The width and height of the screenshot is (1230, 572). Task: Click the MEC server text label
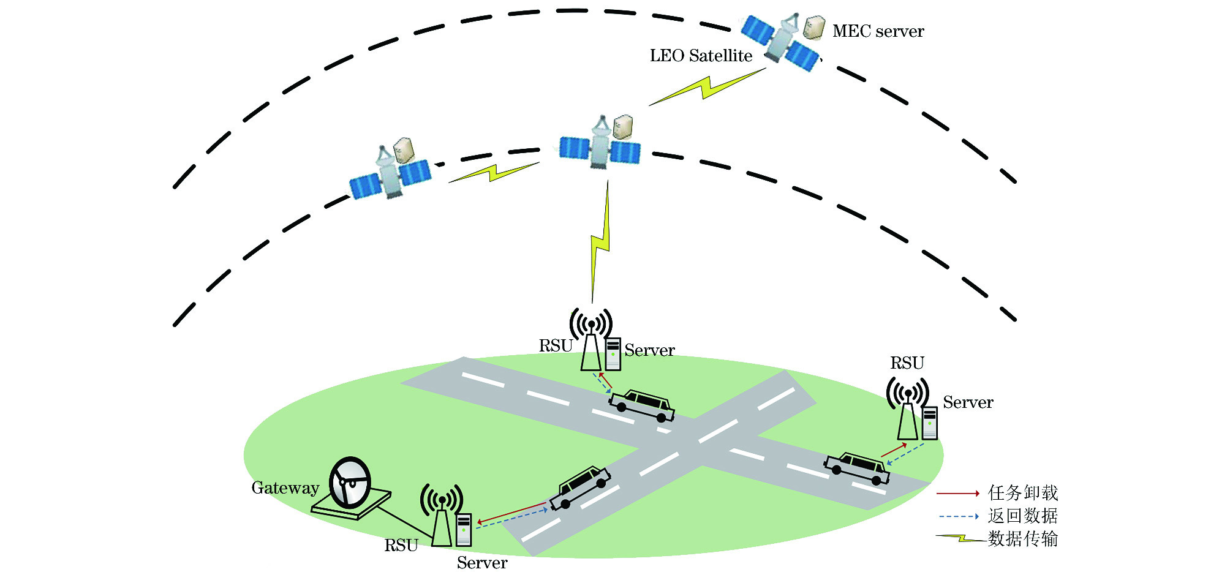(x=878, y=31)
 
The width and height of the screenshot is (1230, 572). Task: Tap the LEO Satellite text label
(x=701, y=56)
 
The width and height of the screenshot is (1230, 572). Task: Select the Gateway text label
(x=285, y=488)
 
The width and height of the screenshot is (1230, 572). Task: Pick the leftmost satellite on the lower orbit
(x=390, y=173)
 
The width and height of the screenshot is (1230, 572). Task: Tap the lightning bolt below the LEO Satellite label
(x=707, y=87)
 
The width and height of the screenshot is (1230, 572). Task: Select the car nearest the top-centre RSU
(x=642, y=405)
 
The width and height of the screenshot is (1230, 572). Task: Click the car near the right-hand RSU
(x=857, y=469)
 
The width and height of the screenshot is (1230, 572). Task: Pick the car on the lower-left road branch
(x=579, y=487)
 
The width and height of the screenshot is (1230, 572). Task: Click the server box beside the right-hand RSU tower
(x=930, y=423)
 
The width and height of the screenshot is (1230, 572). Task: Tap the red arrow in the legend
(x=957, y=493)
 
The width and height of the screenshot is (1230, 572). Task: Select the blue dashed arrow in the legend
(x=957, y=516)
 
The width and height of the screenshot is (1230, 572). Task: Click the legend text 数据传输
(x=1022, y=539)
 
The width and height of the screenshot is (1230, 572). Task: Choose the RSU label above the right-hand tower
(x=907, y=363)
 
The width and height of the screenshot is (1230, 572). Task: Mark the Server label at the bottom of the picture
(x=482, y=563)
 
